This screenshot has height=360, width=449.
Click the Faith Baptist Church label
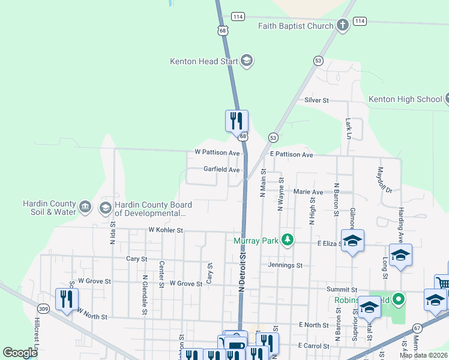point(295,26)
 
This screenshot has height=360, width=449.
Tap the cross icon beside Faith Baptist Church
point(343,25)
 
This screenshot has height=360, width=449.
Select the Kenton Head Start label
point(204,61)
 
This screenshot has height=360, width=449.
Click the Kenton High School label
point(405,99)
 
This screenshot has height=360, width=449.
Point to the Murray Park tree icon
point(288,240)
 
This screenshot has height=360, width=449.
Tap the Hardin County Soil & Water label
point(50,208)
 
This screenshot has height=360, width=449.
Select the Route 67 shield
point(417,327)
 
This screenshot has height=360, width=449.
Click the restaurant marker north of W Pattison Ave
point(237,120)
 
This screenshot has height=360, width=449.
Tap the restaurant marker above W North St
point(67,298)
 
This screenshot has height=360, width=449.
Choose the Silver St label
point(316,100)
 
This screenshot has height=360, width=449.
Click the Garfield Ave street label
point(221,170)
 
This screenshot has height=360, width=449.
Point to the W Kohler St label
point(165,230)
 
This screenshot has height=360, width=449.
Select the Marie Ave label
point(308,192)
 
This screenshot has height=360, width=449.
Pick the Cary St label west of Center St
point(137,259)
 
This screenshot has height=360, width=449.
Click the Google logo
point(20,353)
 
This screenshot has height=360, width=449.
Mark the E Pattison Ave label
point(291,154)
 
